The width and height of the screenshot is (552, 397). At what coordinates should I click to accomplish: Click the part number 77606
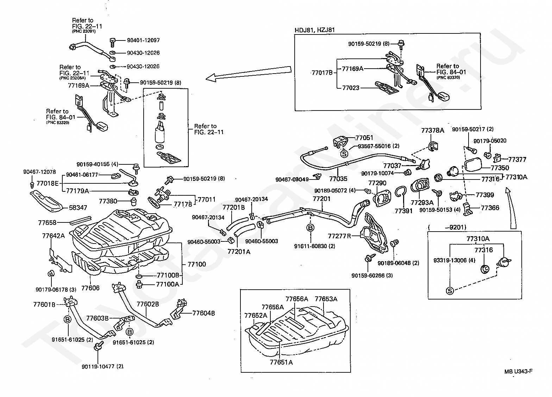(x=90, y=288)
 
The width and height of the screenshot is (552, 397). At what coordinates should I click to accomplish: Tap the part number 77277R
(x=339, y=235)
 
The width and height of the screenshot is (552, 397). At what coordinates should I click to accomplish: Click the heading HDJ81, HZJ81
(x=314, y=30)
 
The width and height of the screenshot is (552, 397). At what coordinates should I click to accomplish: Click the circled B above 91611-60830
(x=311, y=228)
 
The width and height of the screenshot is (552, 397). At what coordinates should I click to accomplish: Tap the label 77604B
(x=203, y=313)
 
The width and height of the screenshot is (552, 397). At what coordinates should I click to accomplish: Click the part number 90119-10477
(x=103, y=366)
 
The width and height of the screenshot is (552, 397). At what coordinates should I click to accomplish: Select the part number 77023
(x=351, y=88)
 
